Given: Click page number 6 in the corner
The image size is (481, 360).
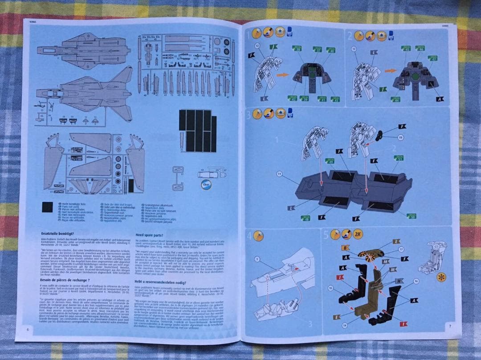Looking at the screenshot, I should pyautogui.click(x=27, y=329).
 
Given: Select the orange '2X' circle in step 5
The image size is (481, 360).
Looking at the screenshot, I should pyautogui.click(x=358, y=234).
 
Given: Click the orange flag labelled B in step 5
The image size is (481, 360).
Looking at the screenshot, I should pyautogui.click(x=344, y=247).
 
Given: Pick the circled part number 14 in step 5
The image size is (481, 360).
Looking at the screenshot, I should pyautogui.click(x=344, y=326).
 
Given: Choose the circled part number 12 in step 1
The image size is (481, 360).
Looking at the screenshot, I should pyautogui.click(x=257, y=46).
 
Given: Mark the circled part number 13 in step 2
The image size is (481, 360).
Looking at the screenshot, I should pyautogui.click(x=355, y=49).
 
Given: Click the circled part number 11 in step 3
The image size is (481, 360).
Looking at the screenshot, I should pyautogui.click(x=279, y=174).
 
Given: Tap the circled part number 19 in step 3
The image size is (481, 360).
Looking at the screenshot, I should pyautogui.click(x=400, y=138).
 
